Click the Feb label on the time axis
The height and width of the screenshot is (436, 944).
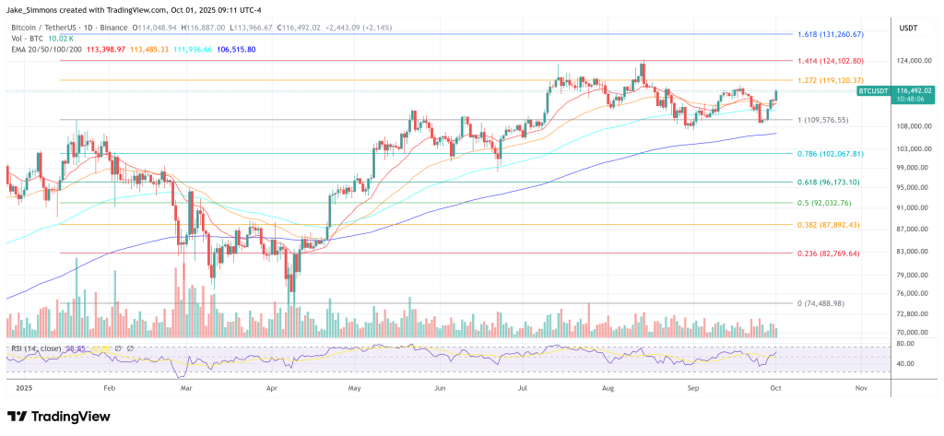point(109,389)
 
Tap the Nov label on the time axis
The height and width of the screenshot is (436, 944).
point(860,389)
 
